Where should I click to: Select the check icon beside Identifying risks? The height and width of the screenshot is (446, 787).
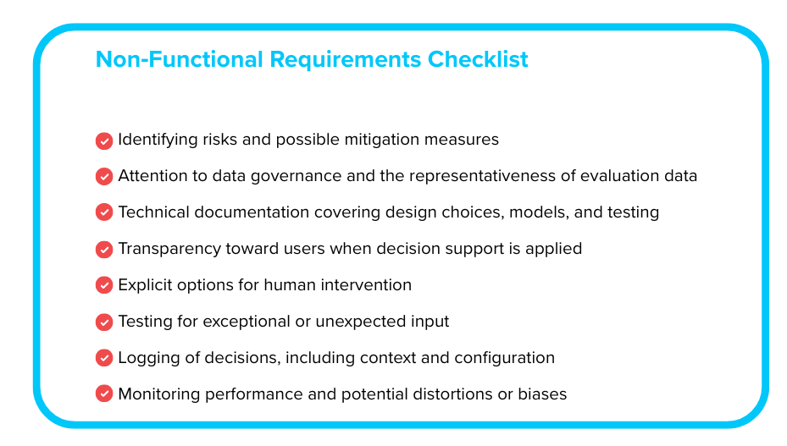click(104, 140)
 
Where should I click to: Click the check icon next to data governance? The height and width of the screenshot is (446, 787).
click(104, 177)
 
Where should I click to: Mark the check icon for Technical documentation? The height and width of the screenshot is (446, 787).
click(104, 212)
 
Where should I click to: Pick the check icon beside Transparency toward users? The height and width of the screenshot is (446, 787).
click(104, 250)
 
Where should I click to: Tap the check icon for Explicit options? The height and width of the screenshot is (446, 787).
click(104, 285)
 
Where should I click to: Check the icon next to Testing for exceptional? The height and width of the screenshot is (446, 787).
click(104, 322)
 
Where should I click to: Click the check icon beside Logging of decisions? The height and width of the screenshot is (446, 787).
click(104, 358)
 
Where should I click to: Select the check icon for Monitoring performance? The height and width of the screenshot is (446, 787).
click(104, 394)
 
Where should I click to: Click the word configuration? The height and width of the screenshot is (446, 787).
click(505, 358)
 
